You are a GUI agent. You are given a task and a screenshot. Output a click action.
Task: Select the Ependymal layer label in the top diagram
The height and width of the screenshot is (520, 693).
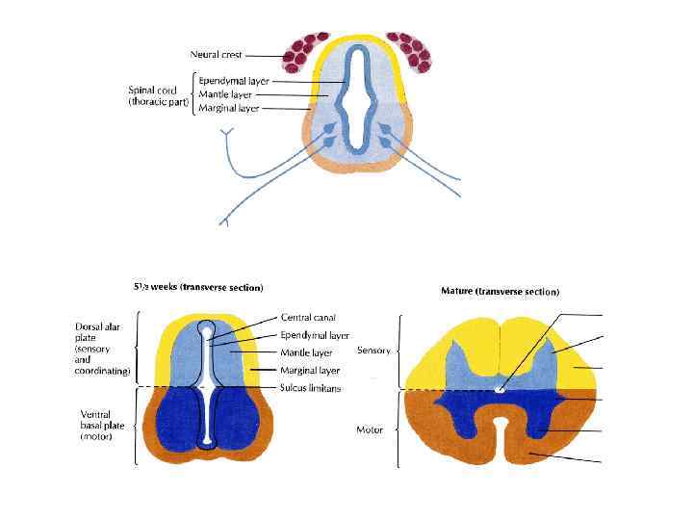(234, 81)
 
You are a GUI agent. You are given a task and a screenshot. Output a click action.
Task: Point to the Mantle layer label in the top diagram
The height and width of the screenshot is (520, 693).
(228, 95)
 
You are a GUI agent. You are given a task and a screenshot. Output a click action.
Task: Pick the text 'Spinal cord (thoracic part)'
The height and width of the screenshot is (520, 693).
(158, 96)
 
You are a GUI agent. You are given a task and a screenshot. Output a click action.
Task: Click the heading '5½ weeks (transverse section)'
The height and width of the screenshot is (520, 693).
(198, 287)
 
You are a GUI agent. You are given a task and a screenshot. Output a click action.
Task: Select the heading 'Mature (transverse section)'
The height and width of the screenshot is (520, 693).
(500, 291)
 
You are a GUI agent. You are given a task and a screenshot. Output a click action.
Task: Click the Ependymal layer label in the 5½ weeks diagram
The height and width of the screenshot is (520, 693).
(315, 335)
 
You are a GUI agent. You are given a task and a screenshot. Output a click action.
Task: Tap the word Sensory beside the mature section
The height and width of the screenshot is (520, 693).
(373, 351)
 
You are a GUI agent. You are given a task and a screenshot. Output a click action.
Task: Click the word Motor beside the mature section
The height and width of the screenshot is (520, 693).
(370, 429)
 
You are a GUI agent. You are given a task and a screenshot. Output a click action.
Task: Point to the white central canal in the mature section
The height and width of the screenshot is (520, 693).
(499, 389)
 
